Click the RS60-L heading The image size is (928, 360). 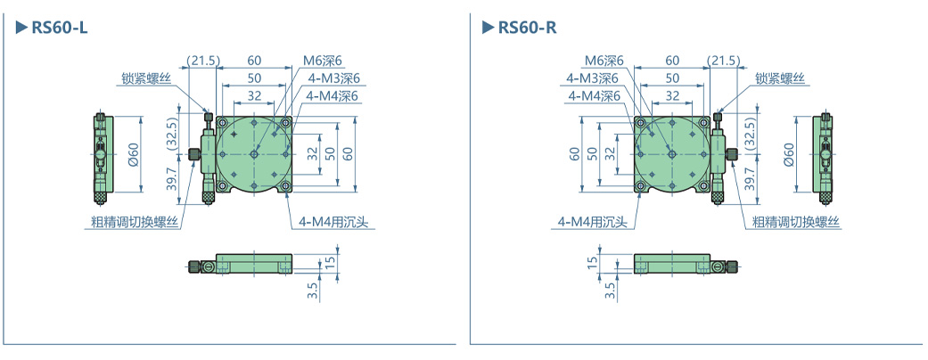pos(59,28)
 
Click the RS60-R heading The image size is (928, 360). pos(527,28)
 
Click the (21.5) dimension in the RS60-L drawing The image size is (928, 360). pos(203,61)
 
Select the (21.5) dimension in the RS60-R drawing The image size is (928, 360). pos(723,61)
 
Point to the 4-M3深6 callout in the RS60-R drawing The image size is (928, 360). pos(593,78)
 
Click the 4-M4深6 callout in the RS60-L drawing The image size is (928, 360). pos(332,95)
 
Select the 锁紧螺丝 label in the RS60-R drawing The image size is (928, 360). pos(780,78)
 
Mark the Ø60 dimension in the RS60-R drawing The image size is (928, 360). pos(788,153)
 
